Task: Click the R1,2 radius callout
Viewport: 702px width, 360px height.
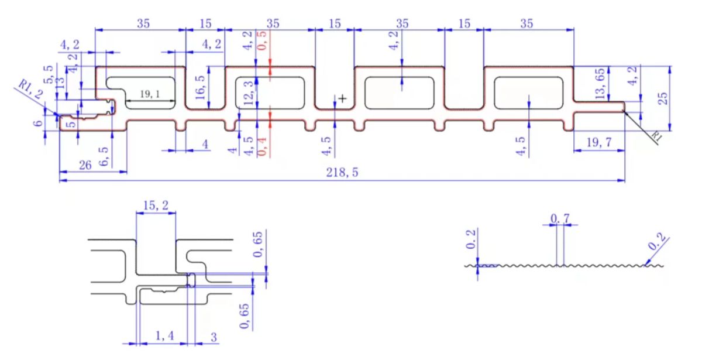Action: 29,91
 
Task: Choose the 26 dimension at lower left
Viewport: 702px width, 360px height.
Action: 85,166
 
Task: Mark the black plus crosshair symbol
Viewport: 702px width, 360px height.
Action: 342,99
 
